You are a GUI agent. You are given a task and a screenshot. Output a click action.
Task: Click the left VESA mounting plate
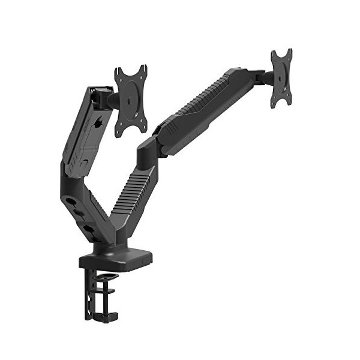[131, 100]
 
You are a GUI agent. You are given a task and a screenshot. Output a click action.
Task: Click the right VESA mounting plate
[281, 77]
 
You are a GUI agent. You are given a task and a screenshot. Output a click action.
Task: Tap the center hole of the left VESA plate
[131, 101]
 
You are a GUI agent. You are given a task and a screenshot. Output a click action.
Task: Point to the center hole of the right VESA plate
[281, 77]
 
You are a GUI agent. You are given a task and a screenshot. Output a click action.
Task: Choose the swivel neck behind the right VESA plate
[259, 77]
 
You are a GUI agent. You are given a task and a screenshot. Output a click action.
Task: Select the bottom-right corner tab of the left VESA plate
[144, 127]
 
